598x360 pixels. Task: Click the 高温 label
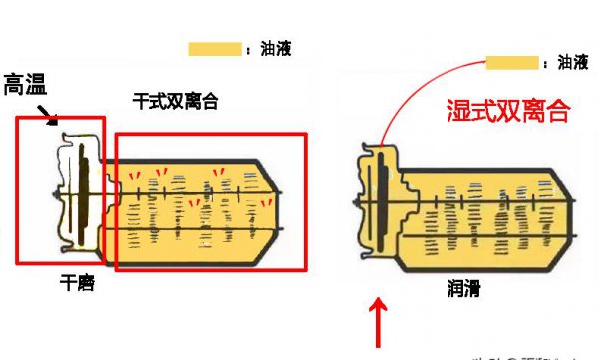click(x=24, y=86)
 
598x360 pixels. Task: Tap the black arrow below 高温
click(x=47, y=118)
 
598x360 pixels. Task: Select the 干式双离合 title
click(x=175, y=101)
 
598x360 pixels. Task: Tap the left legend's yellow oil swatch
click(x=215, y=49)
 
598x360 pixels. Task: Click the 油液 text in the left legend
click(x=275, y=49)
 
